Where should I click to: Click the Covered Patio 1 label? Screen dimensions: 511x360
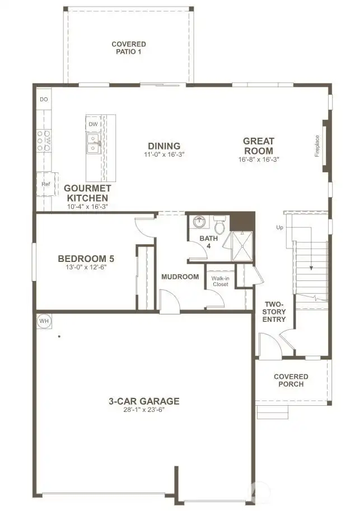click(x=129, y=48)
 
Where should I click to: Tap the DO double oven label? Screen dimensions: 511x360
click(x=44, y=99)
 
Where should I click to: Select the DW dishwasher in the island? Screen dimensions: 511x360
click(x=93, y=124)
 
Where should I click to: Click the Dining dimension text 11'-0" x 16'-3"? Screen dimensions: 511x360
click(x=164, y=154)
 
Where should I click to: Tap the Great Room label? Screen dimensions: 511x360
click(x=258, y=146)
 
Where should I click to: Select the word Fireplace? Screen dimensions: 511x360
click(x=317, y=146)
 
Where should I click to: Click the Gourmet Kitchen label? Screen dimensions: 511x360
click(x=87, y=193)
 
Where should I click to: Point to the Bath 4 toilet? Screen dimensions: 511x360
click(x=220, y=226)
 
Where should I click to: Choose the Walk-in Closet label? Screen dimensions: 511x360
click(x=220, y=280)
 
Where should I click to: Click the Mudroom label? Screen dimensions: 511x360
click(x=180, y=276)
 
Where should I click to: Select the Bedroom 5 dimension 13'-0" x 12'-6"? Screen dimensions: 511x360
click(x=86, y=268)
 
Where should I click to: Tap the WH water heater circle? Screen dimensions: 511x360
click(x=44, y=321)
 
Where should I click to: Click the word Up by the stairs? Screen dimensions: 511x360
click(x=279, y=227)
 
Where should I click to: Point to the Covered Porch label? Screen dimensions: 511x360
click(x=291, y=380)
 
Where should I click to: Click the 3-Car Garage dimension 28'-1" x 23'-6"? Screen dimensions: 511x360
click(x=144, y=409)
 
